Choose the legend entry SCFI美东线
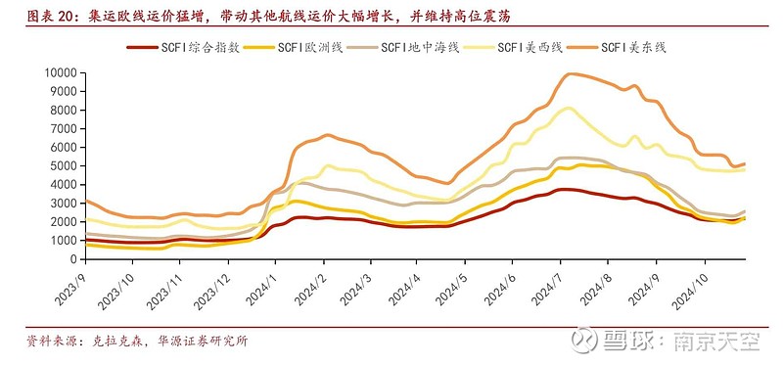point(634,47)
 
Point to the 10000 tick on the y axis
point(61,72)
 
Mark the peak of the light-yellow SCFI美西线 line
point(569,108)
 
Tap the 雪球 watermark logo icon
point(586,340)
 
